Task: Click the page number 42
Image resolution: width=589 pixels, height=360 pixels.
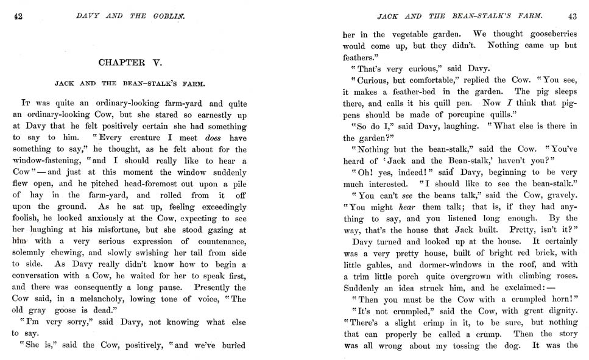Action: [18, 16]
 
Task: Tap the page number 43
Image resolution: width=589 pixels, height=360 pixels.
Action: [571, 16]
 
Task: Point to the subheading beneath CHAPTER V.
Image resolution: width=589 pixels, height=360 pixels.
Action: [129, 83]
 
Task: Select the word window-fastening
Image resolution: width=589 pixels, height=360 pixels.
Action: [49, 161]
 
